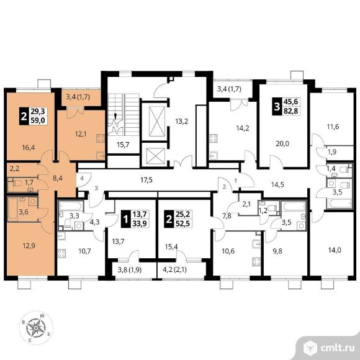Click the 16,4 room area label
pos(29,147)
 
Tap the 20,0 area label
pos(282,144)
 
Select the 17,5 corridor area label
pos(146,180)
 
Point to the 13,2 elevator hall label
pos(182,121)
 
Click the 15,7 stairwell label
pos(123,145)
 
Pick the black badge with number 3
pos(277,107)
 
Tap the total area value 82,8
pos(291,111)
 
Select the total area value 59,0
pos(38,120)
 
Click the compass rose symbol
pos(36,328)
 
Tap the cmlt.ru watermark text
pos(337,348)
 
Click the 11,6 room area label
pos(333,127)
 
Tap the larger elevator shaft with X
pos(157,121)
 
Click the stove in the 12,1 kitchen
pos(101,138)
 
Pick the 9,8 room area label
pos(277,251)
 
